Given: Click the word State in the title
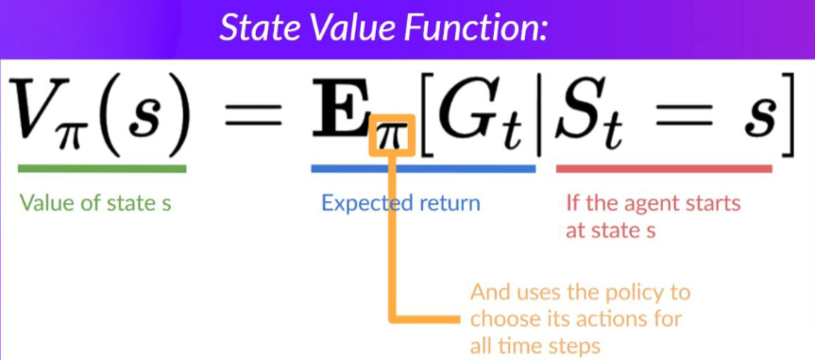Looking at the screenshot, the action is click(x=259, y=27).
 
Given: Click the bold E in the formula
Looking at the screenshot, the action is click(x=341, y=108).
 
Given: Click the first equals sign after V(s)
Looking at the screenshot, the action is click(x=253, y=116).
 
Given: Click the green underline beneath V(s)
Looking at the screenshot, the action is click(x=102, y=168).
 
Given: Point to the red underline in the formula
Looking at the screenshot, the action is click(x=664, y=168).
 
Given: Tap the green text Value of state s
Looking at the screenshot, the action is click(x=95, y=202).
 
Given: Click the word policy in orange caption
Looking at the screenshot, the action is click(x=633, y=293).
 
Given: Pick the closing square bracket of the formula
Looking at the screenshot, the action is click(x=789, y=115).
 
